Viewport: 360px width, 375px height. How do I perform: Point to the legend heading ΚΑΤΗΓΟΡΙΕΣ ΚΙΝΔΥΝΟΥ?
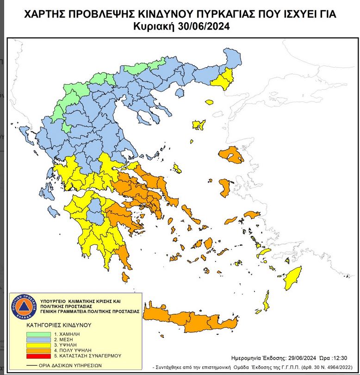tap(58, 325)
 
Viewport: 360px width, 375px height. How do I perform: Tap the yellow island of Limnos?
tap(199, 125)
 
